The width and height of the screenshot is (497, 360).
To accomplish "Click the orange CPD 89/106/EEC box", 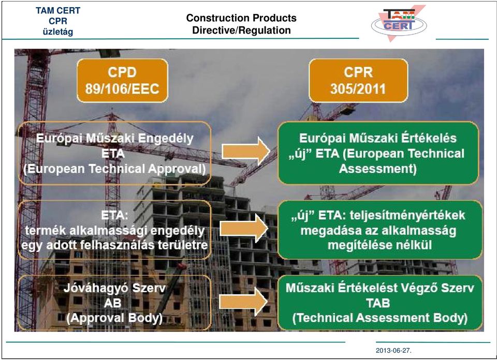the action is [x=122, y=80].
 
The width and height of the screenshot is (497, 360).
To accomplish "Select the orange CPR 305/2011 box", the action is [x=358, y=80].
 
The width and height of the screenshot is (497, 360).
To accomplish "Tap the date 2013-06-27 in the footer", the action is [x=393, y=351].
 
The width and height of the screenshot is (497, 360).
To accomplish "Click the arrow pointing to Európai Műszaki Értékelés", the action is [x=245, y=151].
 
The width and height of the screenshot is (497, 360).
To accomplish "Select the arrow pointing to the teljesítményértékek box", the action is [x=244, y=228].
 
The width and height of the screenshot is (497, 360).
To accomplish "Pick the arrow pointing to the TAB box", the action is [x=243, y=302].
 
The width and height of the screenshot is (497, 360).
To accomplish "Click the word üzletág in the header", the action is [x=57, y=32].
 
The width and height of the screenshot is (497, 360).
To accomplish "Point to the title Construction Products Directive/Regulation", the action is [x=241, y=24].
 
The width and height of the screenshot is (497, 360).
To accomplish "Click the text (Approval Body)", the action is [x=114, y=318].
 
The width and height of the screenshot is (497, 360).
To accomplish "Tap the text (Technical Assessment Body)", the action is [x=379, y=318].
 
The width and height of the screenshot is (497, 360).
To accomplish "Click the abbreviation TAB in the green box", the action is [x=378, y=303].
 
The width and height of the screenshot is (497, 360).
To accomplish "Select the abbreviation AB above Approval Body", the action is [x=112, y=303].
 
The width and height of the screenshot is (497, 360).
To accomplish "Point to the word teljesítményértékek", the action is [x=407, y=215].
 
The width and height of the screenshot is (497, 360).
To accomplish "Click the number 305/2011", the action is [x=358, y=88].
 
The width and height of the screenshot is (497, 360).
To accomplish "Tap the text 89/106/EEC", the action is [x=122, y=88].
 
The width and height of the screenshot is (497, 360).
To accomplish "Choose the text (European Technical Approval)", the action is [x=114, y=169].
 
